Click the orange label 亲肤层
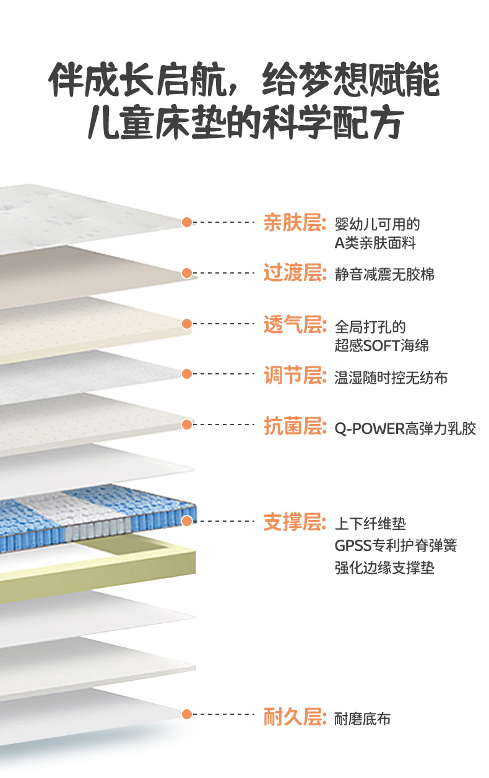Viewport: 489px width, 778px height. (294, 222)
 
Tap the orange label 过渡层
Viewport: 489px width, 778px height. (294, 273)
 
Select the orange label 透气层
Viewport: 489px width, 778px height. (294, 324)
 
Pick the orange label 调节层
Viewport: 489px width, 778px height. (294, 374)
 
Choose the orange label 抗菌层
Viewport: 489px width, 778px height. (294, 426)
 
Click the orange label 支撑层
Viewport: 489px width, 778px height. (294, 522)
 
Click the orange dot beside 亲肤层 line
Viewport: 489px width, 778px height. (187, 222)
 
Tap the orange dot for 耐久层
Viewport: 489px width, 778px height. (187, 715)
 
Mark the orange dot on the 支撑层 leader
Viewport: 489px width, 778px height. (187, 522)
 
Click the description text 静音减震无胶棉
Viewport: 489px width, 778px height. (384, 274)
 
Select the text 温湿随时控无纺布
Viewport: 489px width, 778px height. (391, 377)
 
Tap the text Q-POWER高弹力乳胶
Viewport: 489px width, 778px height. (405, 428)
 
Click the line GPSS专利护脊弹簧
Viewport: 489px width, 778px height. (396, 546)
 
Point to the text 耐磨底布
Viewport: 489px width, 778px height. (362, 719)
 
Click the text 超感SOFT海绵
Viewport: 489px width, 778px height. (382, 345)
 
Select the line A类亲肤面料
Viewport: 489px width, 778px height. (375, 243)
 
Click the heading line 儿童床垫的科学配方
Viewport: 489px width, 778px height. (244, 123)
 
